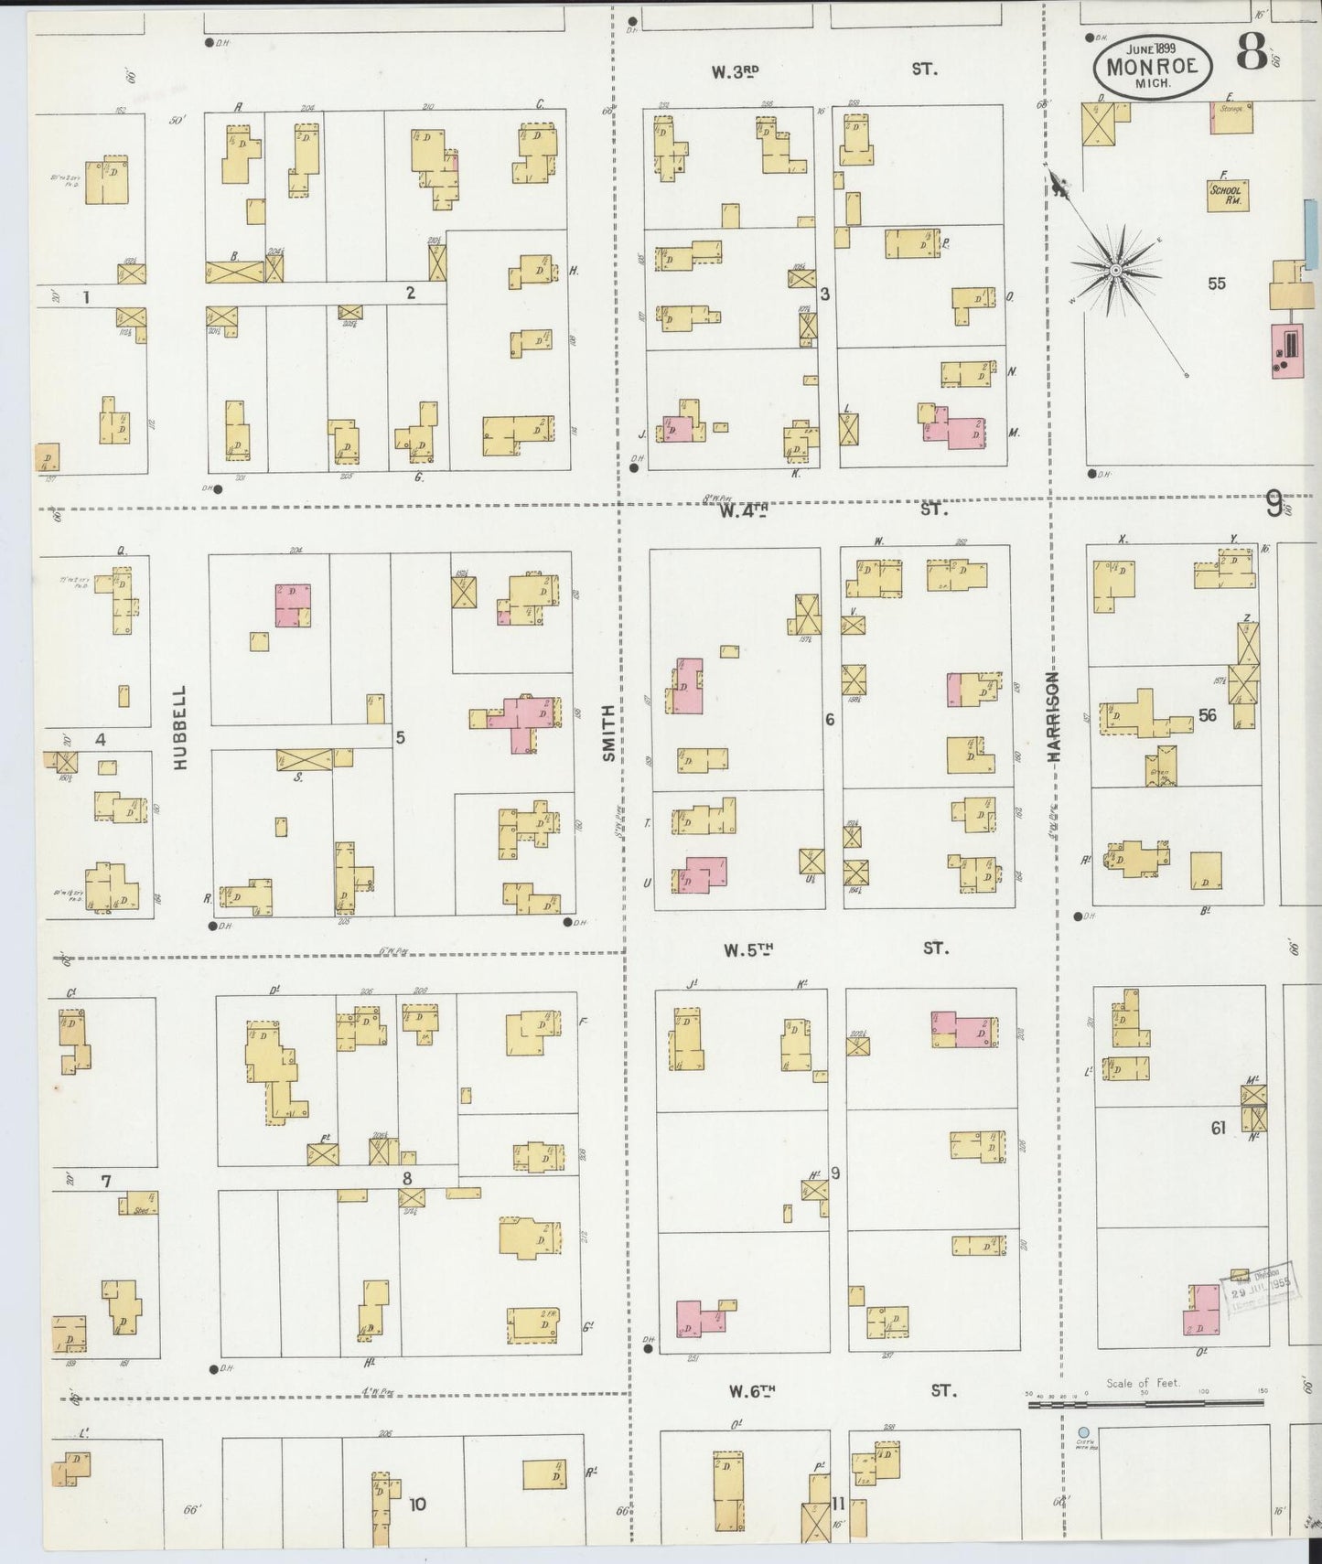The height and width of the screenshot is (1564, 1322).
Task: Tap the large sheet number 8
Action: click(1252, 52)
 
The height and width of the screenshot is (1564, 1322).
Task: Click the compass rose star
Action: click(1116, 271)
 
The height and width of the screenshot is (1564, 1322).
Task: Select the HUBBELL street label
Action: click(179, 727)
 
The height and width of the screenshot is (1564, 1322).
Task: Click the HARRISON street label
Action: click(1054, 717)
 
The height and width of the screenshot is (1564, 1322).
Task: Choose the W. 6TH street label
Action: click(752, 1391)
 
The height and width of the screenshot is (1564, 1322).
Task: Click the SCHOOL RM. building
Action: click(1227, 195)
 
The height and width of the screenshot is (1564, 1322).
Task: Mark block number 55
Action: click(1216, 284)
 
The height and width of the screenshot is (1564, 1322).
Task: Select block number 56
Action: click(1208, 715)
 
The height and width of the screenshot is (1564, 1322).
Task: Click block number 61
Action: click(1218, 1129)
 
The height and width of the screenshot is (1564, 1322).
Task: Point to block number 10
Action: click(417, 1504)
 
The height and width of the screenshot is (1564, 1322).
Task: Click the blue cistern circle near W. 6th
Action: click(1083, 1432)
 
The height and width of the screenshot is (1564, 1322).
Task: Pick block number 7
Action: click(106, 1182)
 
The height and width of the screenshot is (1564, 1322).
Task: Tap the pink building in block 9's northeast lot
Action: click(963, 1029)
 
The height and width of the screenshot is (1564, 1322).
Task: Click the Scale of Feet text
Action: click(1143, 1383)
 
